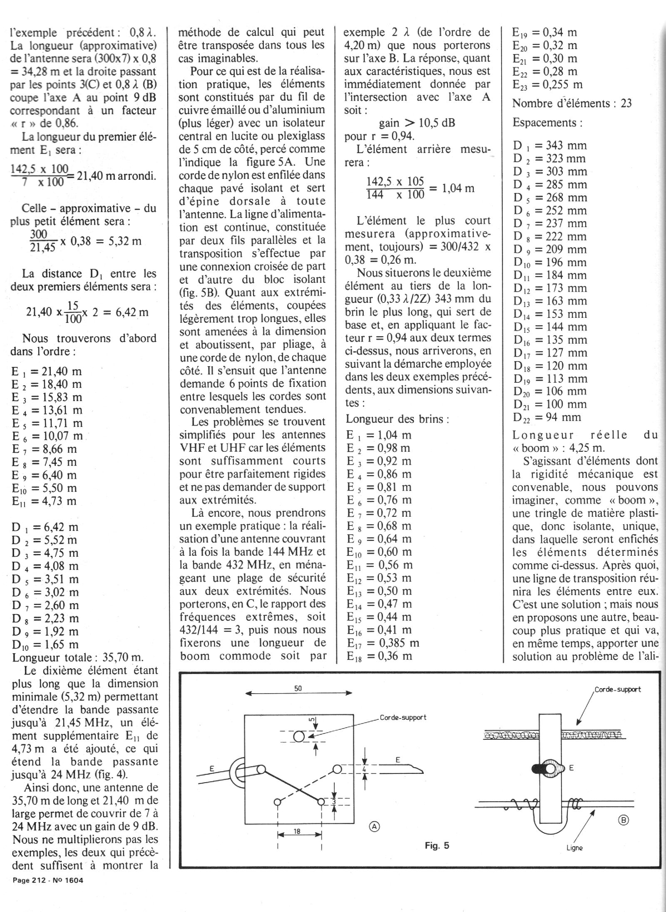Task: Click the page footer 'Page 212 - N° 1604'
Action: pyautogui.click(x=48, y=880)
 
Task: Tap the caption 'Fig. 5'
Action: pyautogui.click(x=437, y=845)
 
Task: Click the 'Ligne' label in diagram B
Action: pyautogui.click(x=574, y=848)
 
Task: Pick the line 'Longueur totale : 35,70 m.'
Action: pyautogui.click(x=78, y=657)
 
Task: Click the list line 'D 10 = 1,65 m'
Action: pyautogui.click(x=45, y=644)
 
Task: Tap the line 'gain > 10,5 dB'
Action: pyautogui.click(x=417, y=123)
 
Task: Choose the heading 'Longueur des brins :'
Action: pyautogui.click(x=397, y=419)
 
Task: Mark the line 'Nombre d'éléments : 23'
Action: pyautogui.click(x=572, y=103)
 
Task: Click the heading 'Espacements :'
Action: pyautogui.click(x=547, y=123)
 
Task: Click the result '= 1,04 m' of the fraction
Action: pyautogui.click(x=451, y=188)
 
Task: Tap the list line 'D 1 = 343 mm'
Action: pyautogui.click(x=550, y=145)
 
